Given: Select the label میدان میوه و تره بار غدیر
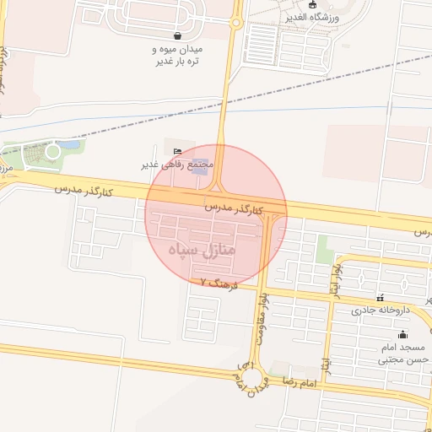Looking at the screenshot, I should tap(179, 56).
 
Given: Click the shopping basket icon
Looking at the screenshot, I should tap(177, 35).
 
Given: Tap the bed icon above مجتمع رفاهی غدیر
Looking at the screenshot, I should tap(176, 151).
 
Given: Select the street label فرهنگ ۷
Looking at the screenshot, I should tap(221, 285).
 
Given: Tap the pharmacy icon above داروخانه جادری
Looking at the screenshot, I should tap(381, 298).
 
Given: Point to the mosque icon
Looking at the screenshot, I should tap(402, 334).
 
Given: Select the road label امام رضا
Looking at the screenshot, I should tap(299, 384).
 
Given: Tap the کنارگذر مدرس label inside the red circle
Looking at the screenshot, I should tap(233, 208).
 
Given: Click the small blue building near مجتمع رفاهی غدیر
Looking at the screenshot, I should tap(200, 162).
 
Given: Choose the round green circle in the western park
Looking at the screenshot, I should tap(53, 151).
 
